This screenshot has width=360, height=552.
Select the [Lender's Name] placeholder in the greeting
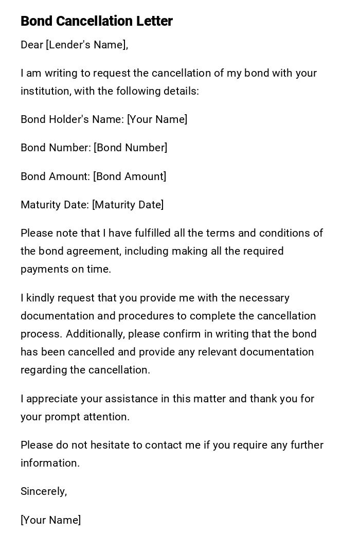coord(86,45)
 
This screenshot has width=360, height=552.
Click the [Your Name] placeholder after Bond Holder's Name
coord(157,119)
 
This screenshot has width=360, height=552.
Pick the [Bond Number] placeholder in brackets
coord(130,148)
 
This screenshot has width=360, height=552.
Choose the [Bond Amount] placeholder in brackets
coord(130,176)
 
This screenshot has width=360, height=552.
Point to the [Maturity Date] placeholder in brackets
coord(128,205)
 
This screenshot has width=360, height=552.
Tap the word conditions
coord(285,233)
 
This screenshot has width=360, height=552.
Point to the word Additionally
coord(95,334)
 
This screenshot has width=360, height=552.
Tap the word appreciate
coord(52,399)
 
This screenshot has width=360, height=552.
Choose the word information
coord(50,463)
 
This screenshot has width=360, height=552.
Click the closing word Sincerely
coord(43,491)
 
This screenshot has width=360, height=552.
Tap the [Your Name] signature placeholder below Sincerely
coord(50,520)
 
